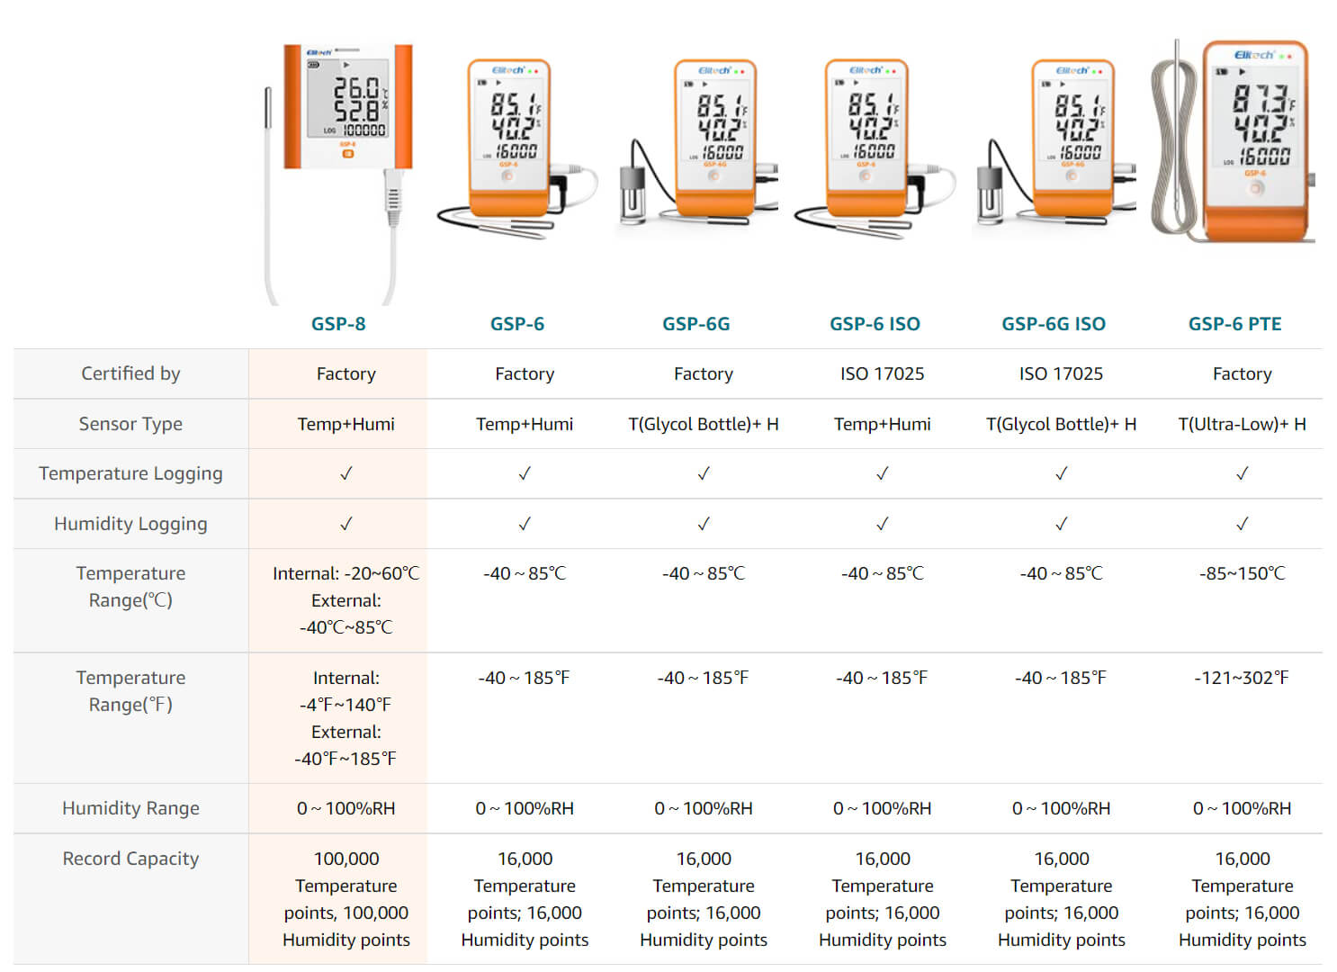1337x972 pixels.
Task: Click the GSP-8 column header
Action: (337, 324)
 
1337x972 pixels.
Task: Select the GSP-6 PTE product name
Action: (1234, 324)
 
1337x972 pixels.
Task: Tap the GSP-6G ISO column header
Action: (1054, 324)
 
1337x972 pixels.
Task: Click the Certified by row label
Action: (130, 373)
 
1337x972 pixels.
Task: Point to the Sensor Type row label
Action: (130, 424)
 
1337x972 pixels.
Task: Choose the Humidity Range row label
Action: (130, 808)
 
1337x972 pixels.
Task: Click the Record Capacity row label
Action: (130, 859)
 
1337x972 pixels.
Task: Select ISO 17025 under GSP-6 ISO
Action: (882, 373)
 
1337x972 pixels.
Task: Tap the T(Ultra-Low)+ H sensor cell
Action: (1243, 424)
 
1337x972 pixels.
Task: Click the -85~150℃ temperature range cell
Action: (1243, 573)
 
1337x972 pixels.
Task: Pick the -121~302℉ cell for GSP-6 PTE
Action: (1242, 678)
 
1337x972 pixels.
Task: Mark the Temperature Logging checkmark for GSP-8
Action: (346, 473)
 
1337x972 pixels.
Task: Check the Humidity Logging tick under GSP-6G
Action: (704, 524)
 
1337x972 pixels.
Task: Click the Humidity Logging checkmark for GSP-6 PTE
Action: (1243, 524)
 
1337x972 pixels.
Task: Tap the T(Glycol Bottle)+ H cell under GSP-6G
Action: (704, 424)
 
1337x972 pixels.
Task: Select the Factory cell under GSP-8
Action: (346, 373)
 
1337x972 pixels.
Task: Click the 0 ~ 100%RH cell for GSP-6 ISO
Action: (882, 808)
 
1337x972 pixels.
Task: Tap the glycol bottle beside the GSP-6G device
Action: (633, 194)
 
